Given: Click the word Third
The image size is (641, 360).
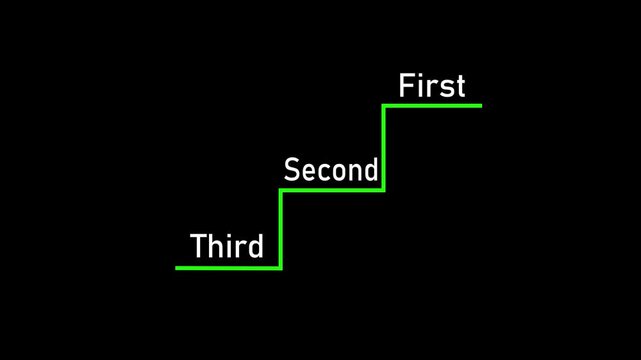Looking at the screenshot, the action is click(227, 245).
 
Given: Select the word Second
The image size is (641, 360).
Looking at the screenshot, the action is click(331, 170).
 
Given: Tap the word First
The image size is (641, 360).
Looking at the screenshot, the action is click(432, 86).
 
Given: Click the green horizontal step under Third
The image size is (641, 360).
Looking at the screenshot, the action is click(228, 267).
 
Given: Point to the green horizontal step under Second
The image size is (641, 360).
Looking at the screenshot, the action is click(332, 188).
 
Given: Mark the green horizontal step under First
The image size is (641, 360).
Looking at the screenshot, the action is click(433, 105).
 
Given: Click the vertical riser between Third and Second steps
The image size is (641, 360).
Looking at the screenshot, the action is click(281, 228).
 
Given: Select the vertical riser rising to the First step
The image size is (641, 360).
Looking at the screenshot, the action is click(384, 147).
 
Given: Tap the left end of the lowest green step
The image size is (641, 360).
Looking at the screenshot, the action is click(178, 267).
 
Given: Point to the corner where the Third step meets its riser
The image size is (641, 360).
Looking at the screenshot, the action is click(281, 267).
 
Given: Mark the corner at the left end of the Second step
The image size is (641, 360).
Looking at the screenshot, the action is click(281, 188).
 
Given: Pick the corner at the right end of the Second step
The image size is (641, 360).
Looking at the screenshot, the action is click(384, 188).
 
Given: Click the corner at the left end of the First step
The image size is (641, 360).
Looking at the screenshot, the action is click(384, 105).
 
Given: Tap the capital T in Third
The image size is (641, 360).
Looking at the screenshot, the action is click(198, 245).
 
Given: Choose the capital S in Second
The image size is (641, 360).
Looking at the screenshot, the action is click(292, 170).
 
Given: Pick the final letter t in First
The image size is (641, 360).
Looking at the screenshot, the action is click(460, 87).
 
